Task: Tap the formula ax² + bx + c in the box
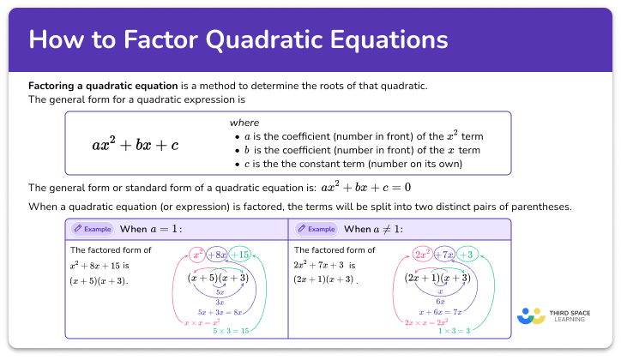tap(136, 144)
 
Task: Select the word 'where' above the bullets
tap(244, 123)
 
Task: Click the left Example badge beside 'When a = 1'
tap(92, 229)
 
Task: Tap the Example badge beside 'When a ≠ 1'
tap(315, 229)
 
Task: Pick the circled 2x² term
tap(422, 255)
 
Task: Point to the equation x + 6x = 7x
tap(439, 313)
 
